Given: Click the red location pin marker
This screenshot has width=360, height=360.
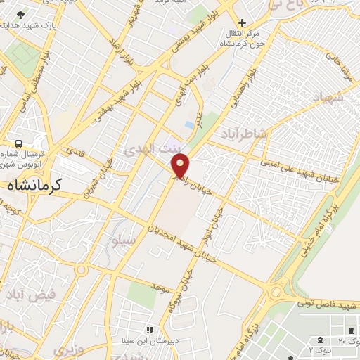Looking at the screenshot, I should (181, 166).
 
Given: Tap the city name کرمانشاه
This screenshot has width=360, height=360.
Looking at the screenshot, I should (35, 186).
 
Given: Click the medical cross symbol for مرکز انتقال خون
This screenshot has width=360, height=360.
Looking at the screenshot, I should (243, 23).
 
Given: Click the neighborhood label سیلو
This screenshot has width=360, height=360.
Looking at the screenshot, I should (122, 241).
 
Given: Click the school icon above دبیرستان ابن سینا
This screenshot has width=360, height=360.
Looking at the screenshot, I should (149, 330).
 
